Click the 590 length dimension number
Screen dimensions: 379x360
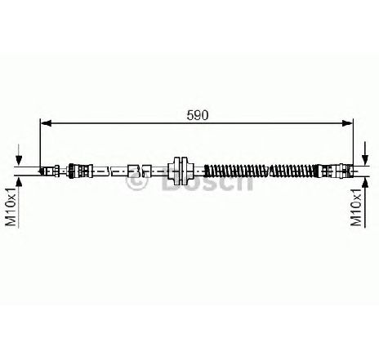pos(198,115)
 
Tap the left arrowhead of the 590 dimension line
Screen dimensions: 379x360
pos(46,123)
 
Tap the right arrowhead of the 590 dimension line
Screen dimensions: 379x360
pos(347,123)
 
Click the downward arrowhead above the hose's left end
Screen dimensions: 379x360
pos(19,160)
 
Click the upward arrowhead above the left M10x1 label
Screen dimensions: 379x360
pos(19,181)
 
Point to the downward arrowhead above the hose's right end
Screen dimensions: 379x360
pos(365,160)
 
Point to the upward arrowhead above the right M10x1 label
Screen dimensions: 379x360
pos(365,181)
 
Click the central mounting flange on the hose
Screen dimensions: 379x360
pos(181,171)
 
